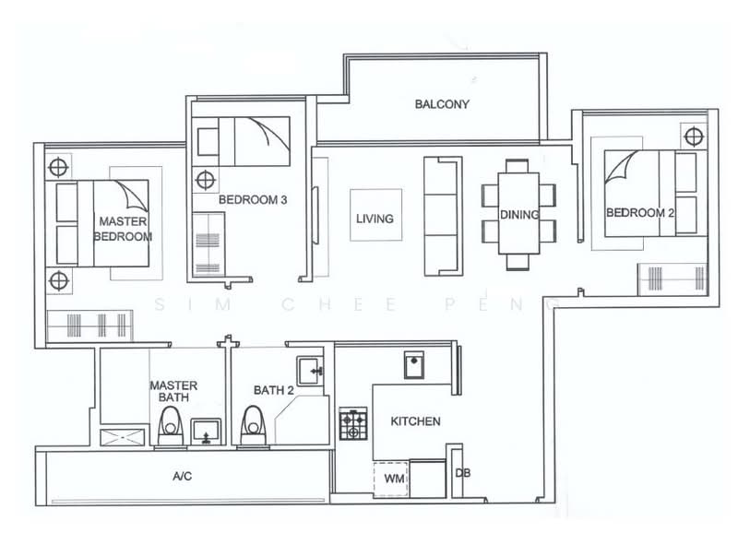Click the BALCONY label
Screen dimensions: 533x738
[x=442, y=104]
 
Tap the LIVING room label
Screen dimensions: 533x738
[x=375, y=219]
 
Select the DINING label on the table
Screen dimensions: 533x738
[x=519, y=214]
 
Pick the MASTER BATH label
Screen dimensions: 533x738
[x=173, y=391]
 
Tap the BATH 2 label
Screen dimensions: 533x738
[x=274, y=391]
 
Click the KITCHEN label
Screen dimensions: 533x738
[x=415, y=421]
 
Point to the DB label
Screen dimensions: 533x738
[x=463, y=473]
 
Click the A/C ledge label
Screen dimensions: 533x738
[x=182, y=477]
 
